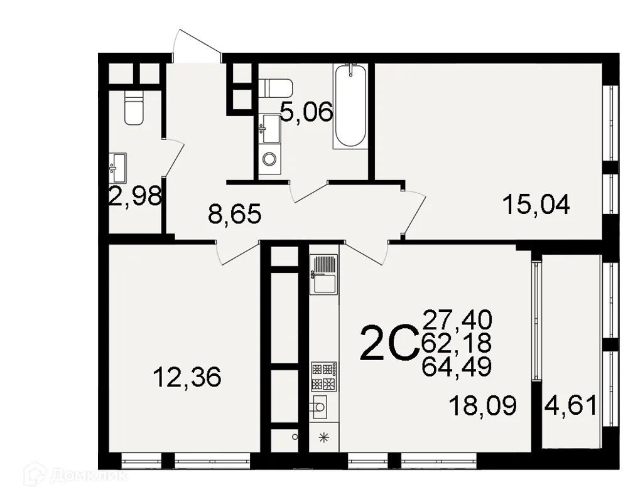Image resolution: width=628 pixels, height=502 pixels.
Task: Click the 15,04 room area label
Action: pyautogui.click(x=537, y=205)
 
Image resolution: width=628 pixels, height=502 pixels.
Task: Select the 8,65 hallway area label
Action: pyautogui.click(x=234, y=216)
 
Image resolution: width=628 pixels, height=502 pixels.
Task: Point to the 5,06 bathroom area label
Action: pyautogui.click(x=306, y=114)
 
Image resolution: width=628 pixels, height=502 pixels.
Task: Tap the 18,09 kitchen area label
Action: pyautogui.click(x=483, y=405)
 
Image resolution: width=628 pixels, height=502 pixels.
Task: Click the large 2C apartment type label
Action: pyautogui.click(x=389, y=343)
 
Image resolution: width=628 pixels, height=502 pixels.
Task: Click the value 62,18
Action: pyautogui.click(x=457, y=342)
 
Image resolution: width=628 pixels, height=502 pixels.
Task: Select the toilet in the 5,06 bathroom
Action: pyautogui.click(x=275, y=88)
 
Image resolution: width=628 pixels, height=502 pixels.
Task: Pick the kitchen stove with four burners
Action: pyautogui.click(x=324, y=376)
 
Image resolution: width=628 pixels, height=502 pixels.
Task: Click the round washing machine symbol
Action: pyautogui.click(x=269, y=159)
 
